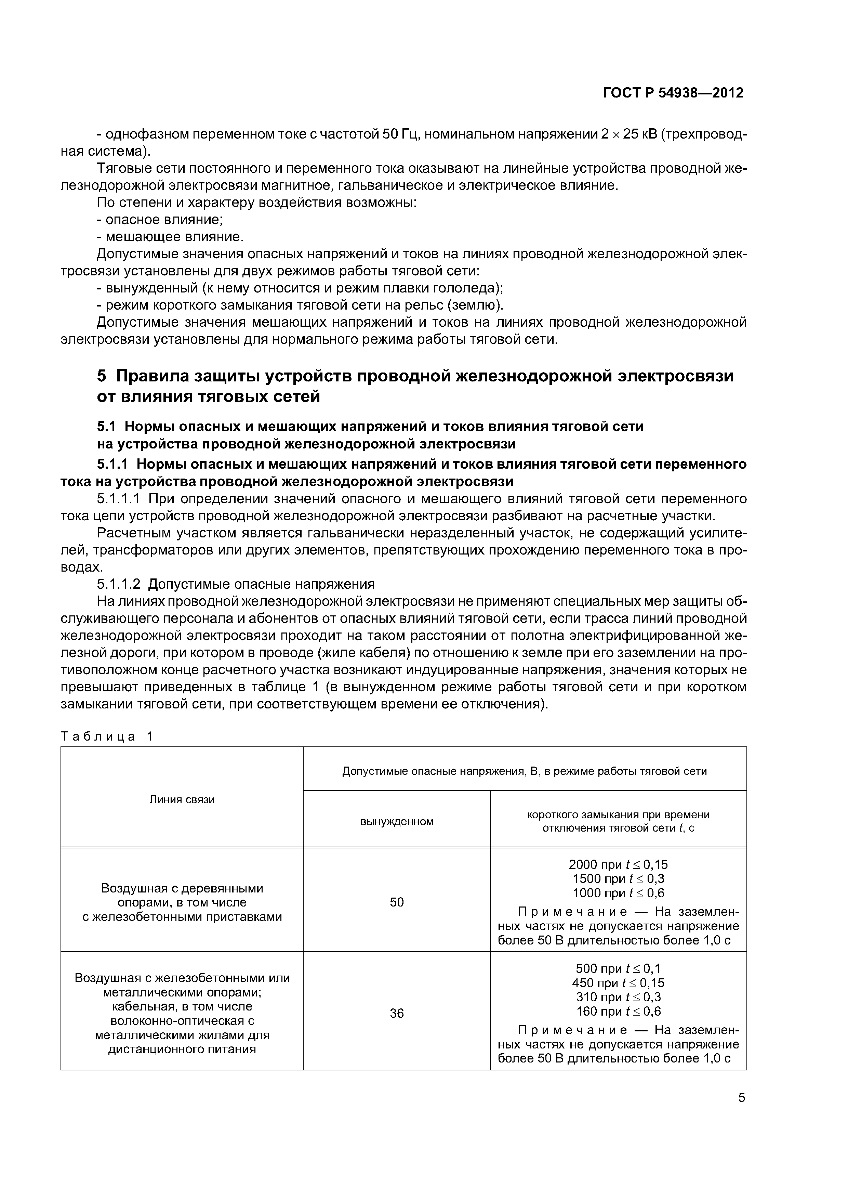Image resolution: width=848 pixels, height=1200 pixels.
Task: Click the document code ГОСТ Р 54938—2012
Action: (673, 93)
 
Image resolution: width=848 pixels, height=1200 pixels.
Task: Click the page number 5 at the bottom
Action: (741, 1098)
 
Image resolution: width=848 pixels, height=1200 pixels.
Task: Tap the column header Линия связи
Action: (182, 799)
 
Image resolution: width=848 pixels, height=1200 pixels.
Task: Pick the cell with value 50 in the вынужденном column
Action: (397, 902)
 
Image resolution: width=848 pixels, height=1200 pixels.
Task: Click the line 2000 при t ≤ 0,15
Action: (618, 864)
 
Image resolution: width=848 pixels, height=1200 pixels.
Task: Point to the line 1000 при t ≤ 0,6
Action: (618, 893)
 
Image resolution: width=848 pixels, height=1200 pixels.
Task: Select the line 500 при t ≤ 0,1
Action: (618, 968)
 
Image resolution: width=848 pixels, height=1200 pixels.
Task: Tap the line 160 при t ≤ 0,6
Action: (618, 1011)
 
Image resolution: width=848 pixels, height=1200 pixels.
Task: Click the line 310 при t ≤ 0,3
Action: (618, 997)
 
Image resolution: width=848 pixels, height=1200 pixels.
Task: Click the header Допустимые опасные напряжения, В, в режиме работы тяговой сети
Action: (524, 771)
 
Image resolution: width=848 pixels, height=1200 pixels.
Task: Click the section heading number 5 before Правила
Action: (102, 376)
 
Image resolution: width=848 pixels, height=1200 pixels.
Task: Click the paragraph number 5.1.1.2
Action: (119, 584)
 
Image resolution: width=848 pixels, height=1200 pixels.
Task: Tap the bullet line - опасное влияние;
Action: (160, 220)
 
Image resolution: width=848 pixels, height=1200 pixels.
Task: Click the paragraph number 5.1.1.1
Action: (119, 499)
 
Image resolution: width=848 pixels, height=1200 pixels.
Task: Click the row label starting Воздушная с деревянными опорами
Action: (182, 902)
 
